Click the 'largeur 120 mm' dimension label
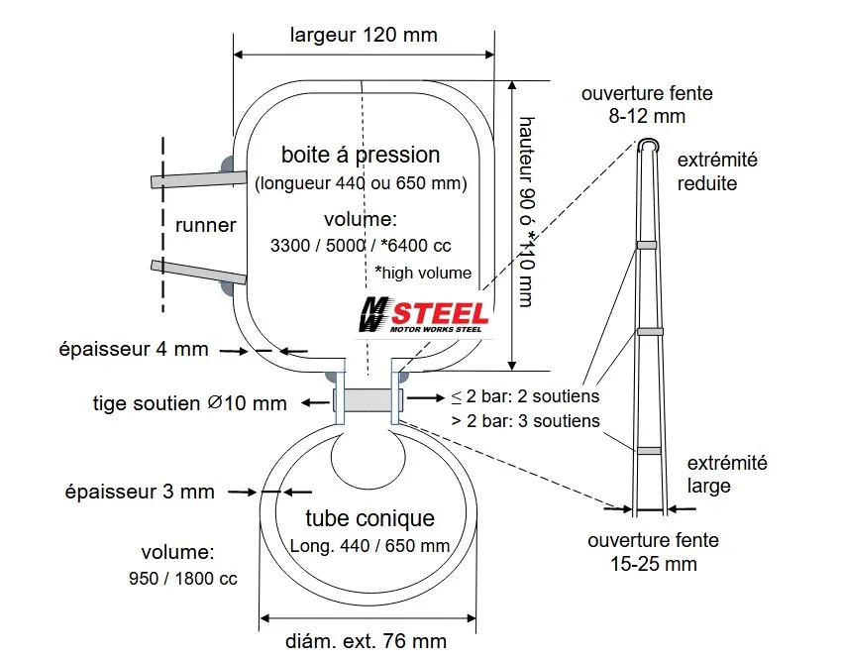364,35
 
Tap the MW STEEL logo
424,315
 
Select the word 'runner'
205,225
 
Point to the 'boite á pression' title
361,155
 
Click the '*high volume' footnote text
423,273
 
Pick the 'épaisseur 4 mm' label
134,349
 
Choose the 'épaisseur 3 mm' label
140,492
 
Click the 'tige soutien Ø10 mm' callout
190,403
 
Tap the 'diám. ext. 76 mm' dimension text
366,641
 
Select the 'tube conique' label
370,519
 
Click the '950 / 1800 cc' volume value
183,579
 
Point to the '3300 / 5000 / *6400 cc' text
361,246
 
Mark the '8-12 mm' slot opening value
647,116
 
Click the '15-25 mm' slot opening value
653,564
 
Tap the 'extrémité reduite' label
717,171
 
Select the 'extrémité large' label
727,475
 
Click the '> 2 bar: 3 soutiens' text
526,421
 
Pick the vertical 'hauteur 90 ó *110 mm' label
527,212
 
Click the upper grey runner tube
198,179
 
